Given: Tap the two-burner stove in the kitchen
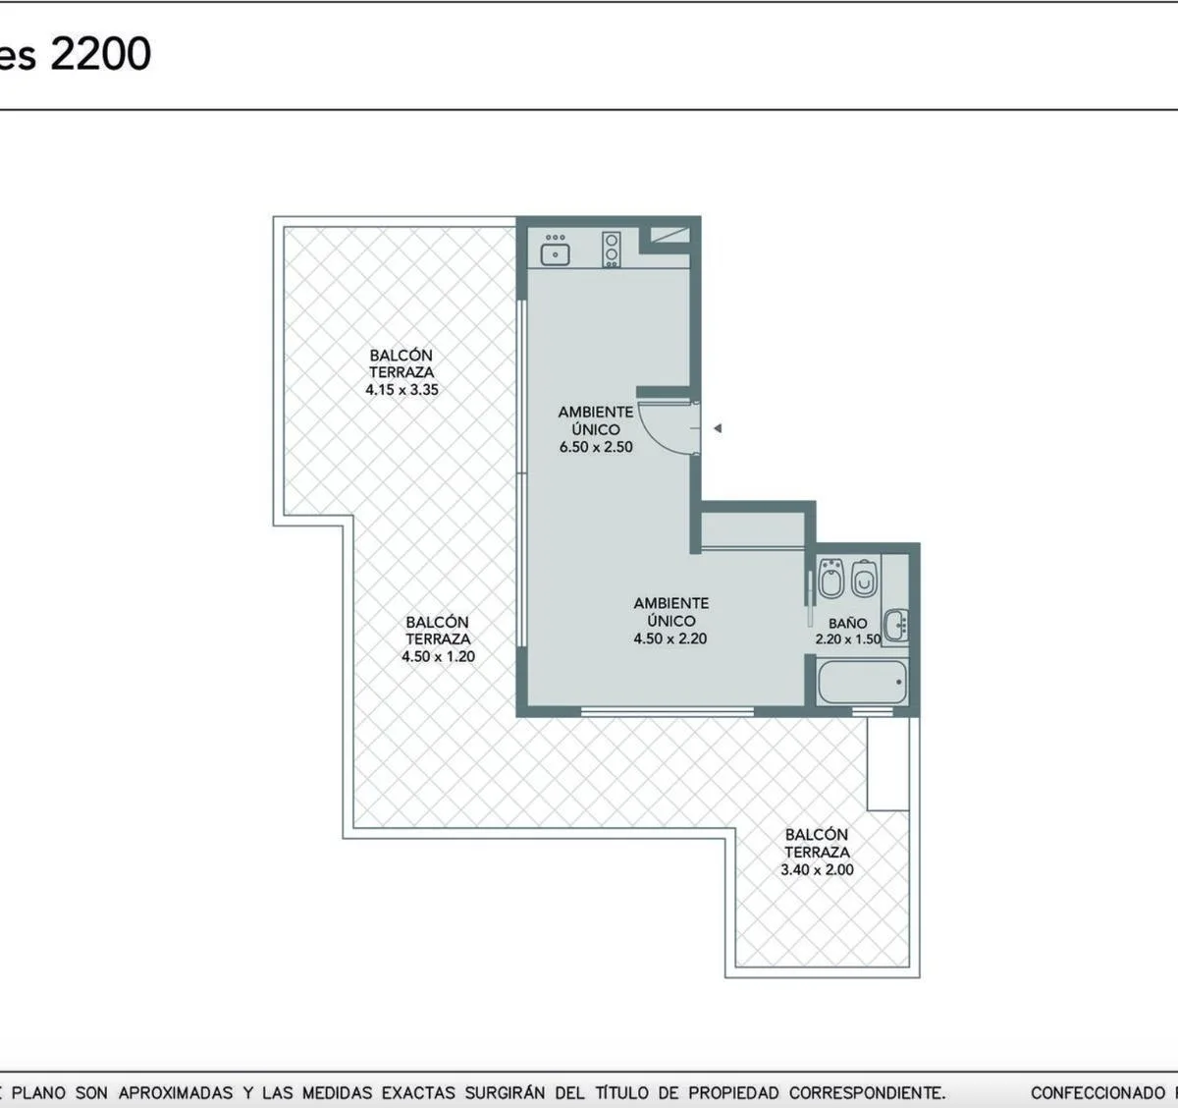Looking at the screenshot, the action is click(x=612, y=249).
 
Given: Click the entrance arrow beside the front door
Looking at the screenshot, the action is click(x=718, y=428).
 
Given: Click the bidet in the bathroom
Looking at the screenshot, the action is click(x=831, y=579).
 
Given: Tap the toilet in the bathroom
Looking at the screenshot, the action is click(x=864, y=579).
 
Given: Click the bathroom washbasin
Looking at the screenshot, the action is click(x=895, y=625).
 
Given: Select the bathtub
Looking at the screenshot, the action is click(x=863, y=682).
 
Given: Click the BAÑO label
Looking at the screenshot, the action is click(x=847, y=623).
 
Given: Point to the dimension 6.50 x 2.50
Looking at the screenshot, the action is click(x=596, y=447).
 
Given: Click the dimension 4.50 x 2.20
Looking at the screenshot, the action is click(x=670, y=638).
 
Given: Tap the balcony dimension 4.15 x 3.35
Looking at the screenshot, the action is click(x=402, y=390).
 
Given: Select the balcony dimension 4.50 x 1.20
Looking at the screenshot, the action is click(x=439, y=657).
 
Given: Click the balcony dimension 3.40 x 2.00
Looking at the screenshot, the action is click(x=818, y=870).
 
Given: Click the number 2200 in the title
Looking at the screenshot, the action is click(x=100, y=54).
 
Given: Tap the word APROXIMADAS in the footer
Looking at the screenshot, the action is click(x=176, y=1092).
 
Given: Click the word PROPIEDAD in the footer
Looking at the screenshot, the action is click(x=732, y=1092).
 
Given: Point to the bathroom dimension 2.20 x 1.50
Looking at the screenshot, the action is click(x=848, y=638).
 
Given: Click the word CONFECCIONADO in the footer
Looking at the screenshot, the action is click(x=1098, y=1092).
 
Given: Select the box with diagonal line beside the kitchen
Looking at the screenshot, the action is click(x=670, y=235).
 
